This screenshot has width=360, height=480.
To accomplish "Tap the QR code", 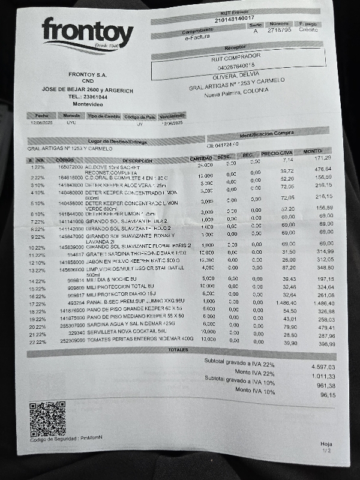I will (x=47, y=419).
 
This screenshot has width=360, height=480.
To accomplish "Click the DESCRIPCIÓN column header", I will (x=137, y=160).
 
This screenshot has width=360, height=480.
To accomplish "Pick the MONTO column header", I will (x=312, y=151).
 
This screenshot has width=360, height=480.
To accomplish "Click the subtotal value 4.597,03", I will (x=323, y=366).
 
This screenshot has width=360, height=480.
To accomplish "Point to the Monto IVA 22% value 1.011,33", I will (x=323, y=376).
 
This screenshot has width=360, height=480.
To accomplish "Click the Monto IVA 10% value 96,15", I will (x=327, y=395).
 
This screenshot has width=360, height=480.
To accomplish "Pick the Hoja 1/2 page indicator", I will (x=326, y=446).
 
